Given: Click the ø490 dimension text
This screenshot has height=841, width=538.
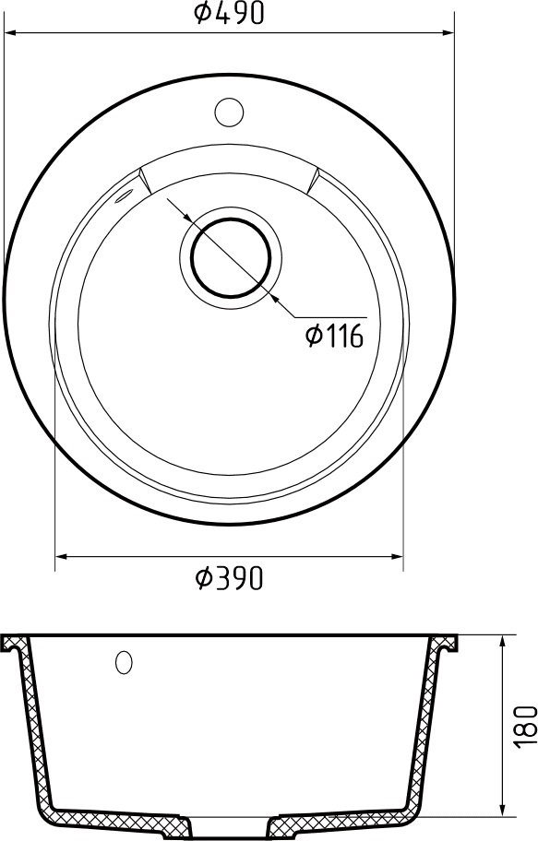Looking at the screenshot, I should click(x=231, y=12).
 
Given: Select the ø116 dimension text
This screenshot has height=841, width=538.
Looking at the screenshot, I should click(x=334, y=336).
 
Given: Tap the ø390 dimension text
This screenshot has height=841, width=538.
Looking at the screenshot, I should click(x=231, y=577).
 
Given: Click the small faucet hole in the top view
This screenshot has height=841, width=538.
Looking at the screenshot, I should click(x=228, y=112).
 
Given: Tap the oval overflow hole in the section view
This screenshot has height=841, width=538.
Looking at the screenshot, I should click(x=124, y=662).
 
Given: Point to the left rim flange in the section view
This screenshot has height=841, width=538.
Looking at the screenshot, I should click(x=15, y=642).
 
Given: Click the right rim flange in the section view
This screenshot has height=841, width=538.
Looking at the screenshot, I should click(x=447, y=642).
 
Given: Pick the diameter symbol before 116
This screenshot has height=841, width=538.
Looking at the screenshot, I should click(x=314, y=336).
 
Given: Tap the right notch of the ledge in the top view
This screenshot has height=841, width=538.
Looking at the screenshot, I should click(x=313, y=179).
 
